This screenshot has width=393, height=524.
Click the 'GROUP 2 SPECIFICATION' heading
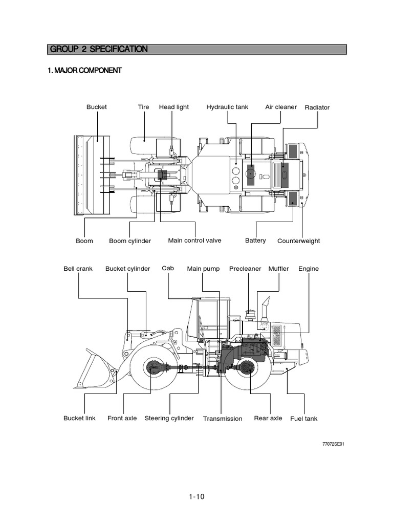point(99,49)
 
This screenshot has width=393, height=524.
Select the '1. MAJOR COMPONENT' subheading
point(84,71)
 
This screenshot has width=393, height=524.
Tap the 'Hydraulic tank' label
point(227,107)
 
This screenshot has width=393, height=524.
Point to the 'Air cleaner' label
point(280,107)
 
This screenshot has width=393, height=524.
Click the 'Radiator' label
point(317,107)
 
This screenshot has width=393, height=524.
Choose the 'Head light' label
point(173,107)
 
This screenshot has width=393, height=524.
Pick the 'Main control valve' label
point(194,241)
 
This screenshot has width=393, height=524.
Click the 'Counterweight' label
point(298,241)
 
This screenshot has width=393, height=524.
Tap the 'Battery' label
point(255,241)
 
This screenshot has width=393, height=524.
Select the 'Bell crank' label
point(78,269)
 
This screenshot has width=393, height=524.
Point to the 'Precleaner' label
point(245,269)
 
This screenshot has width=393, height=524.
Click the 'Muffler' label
point(278,269)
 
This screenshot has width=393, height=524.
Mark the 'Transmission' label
point(223,419)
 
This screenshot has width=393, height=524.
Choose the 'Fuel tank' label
point(303,419)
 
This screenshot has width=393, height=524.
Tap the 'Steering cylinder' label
point(169,418)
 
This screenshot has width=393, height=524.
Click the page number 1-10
point(196,496)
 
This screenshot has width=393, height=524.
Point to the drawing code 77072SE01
point(333,444)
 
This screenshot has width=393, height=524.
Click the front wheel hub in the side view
point(153,367)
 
